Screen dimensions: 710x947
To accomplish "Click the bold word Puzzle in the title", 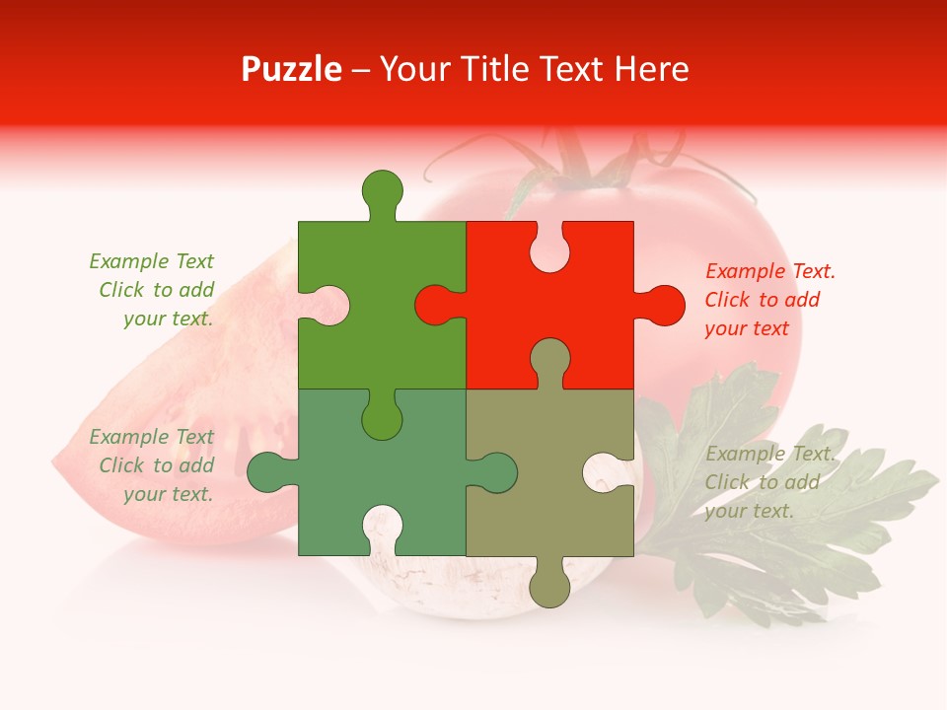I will (291, 69).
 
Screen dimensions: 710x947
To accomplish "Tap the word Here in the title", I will (651, 69).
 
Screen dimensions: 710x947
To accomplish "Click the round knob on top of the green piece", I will (383, 190).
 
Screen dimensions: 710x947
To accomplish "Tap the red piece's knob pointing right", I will (663, 305).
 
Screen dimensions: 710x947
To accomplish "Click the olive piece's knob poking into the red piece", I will (549, 360).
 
